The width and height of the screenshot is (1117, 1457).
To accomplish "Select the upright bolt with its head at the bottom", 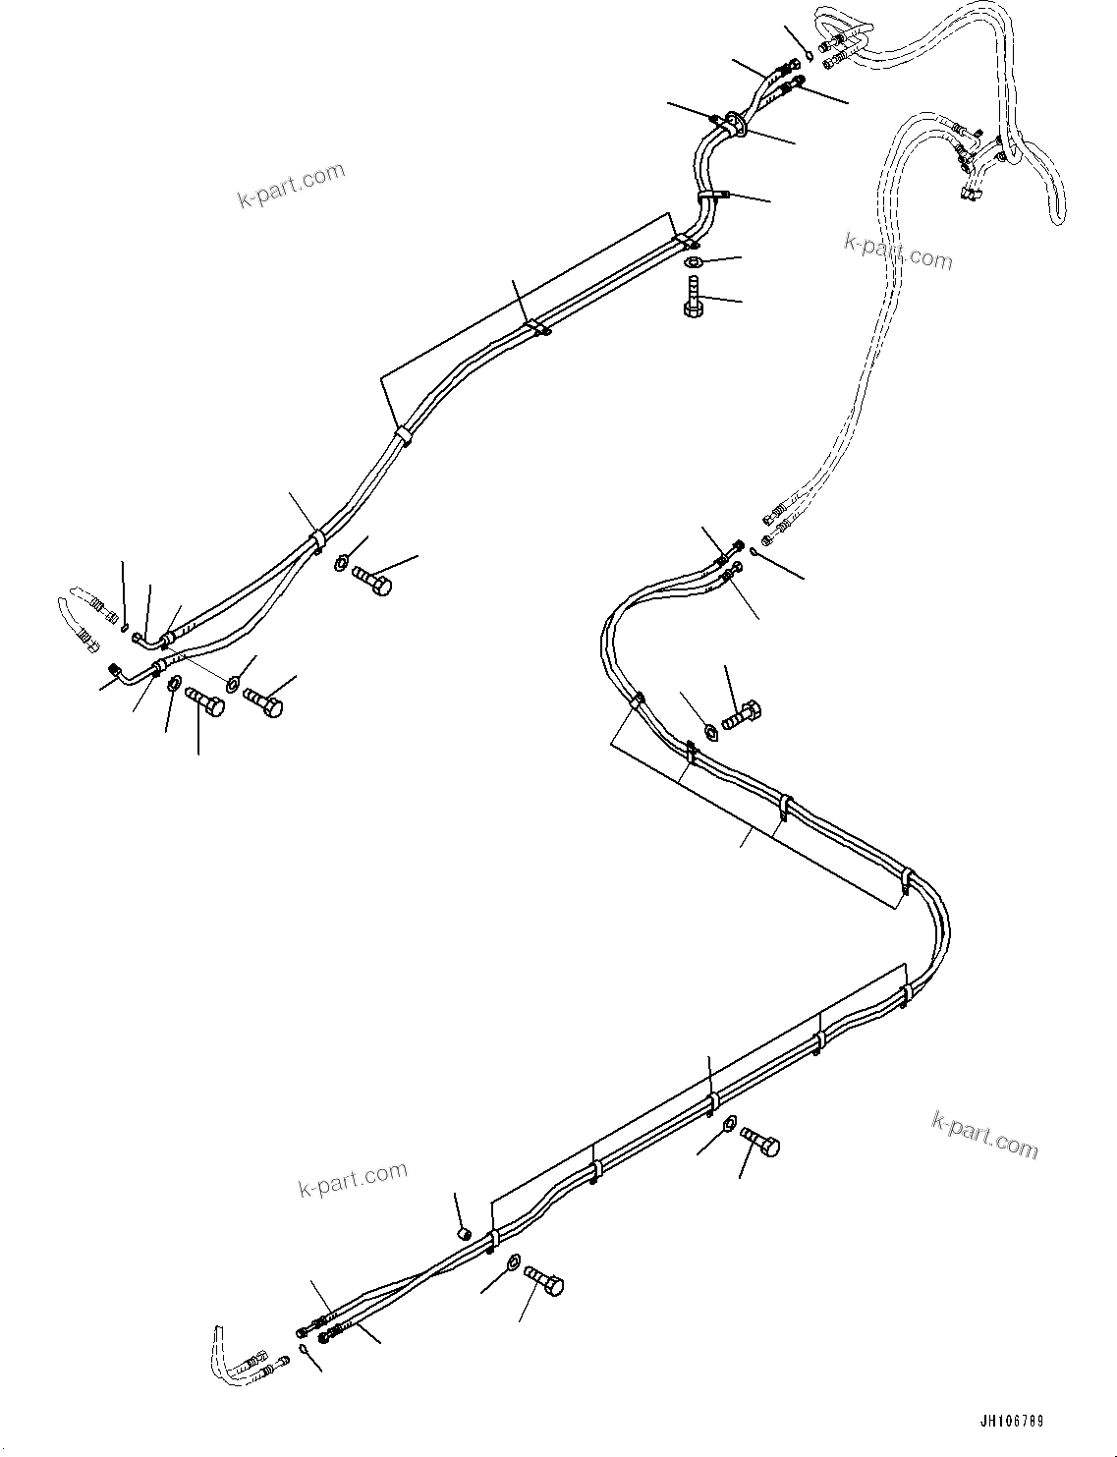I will (692, 297).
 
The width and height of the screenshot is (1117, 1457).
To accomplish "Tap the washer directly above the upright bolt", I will (694, 261).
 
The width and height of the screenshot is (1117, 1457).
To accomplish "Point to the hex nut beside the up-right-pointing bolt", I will (712, 730).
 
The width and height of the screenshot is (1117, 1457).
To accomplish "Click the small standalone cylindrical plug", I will (466, 1232).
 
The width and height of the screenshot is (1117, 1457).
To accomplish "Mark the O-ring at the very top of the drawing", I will (809, 54).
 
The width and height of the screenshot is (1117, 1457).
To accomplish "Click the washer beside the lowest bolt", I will (513, 1261).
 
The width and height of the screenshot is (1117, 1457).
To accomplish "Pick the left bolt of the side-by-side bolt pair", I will (203, 701).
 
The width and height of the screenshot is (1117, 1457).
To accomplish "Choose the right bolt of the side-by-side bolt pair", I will (262, 702).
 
